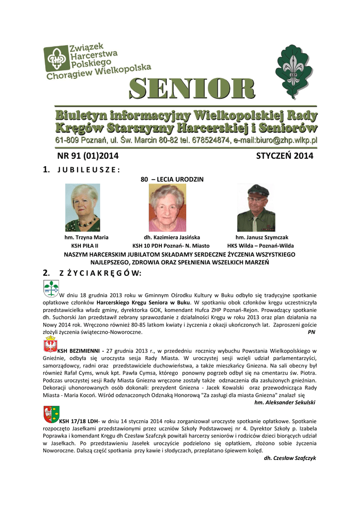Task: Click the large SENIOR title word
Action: tap(193, 90)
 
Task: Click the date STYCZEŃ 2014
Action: tap(285, 156)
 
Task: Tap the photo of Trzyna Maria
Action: tap(82, 207)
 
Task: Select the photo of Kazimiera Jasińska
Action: tap(167, 207)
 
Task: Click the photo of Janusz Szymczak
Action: tap(256, 207)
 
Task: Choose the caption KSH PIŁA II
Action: tap(84, 246)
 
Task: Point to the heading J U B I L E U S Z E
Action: tap(89, 170)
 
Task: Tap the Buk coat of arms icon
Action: tap(51, 288)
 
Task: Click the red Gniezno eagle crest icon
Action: tap(51, 344)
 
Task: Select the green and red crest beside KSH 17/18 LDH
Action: tap(51, 413)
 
